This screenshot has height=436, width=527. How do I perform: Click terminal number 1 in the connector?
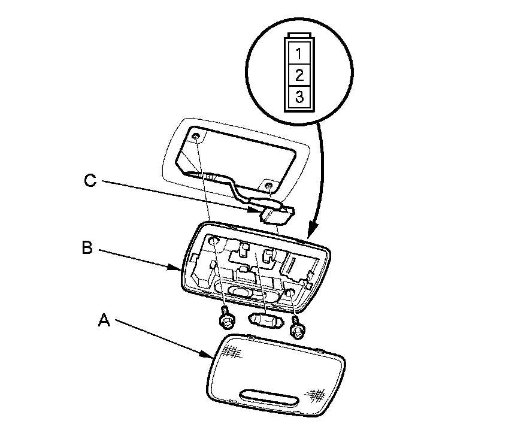pos(299,54)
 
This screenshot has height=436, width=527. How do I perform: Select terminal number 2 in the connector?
pos(299,75)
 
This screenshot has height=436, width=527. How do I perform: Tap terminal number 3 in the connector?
pos(299,97)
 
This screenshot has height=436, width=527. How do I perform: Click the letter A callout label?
pos(104,320)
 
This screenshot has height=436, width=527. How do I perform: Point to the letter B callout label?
pos(87,248)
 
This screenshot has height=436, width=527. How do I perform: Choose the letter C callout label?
pos(90,180)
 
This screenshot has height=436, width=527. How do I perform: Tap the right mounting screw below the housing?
pos(297,326)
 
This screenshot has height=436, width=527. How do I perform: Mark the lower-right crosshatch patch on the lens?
pos(316,395)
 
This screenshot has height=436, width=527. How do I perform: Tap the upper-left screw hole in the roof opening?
pos(196,137)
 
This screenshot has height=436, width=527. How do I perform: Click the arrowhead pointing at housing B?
pos(175,268)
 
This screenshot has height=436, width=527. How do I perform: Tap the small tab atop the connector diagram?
pos(299,35)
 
